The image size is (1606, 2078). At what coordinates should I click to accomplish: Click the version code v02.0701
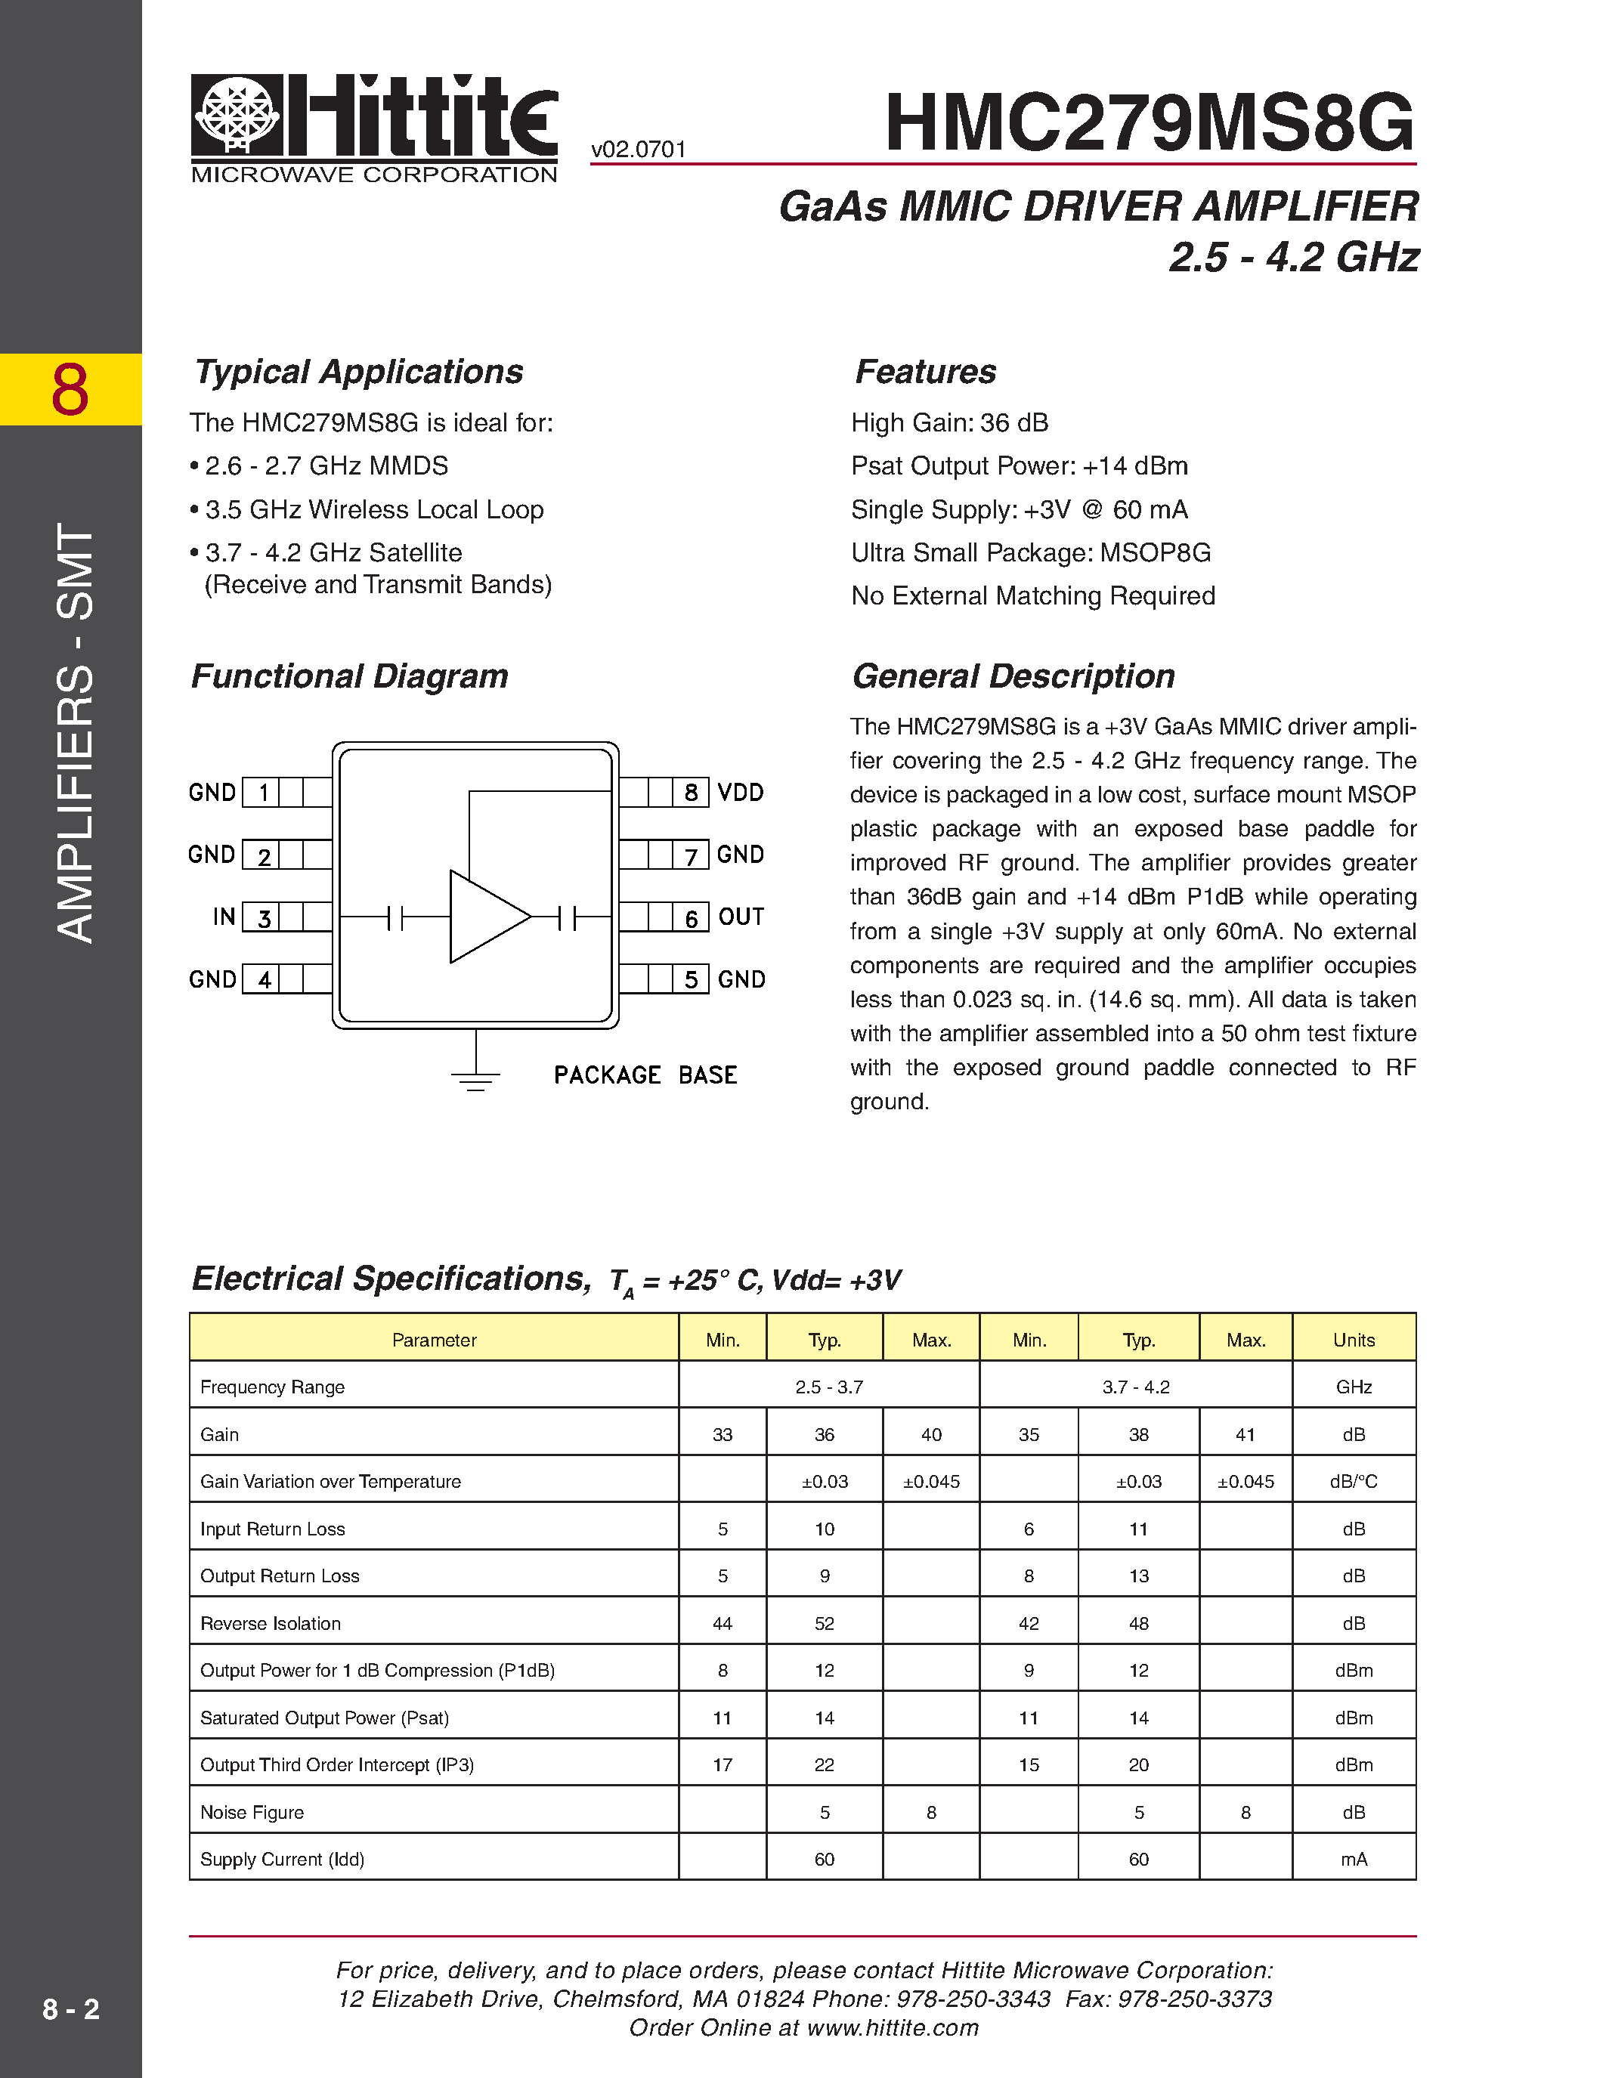tap(639, 150)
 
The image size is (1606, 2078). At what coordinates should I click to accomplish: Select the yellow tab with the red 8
tap(70, 389)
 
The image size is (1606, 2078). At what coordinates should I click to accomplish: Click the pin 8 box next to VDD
tap(691, 793)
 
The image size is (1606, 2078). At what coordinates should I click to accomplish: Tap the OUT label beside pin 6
tap(741, 917)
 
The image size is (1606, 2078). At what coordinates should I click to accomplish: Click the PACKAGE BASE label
tap(645, 1075)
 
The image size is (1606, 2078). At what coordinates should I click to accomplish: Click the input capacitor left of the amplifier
tap(396, 917)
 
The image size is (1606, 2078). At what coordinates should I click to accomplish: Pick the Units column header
tap(1353, 1340)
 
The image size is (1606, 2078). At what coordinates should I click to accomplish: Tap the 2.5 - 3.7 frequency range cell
tap(828, 1387)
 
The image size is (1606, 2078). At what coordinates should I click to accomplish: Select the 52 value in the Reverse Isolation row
tap(824, 1623)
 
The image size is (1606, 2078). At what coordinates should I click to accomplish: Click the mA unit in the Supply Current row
tap(1353, 1859)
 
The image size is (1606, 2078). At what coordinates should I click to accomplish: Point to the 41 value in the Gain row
tap(1246, 1435)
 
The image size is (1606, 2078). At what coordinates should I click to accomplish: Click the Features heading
tap(926, 372)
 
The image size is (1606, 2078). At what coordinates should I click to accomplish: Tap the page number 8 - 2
tap(70, 2008)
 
